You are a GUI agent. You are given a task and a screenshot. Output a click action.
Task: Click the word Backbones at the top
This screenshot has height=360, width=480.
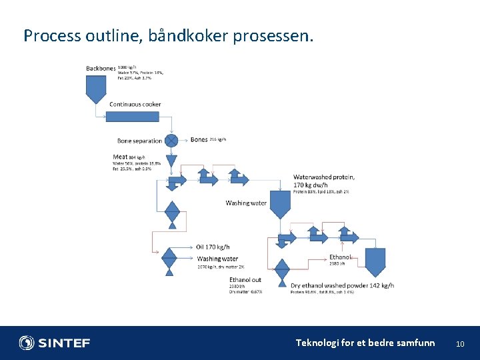101,68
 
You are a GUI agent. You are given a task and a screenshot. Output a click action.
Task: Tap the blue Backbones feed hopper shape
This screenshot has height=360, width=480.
96,87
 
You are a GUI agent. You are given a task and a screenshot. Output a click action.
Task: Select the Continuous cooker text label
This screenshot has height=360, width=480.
135,104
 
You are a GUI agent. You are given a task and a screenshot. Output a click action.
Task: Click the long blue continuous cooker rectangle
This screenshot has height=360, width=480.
133,117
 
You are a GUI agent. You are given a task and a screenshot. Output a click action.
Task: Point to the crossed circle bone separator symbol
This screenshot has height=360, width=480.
171,141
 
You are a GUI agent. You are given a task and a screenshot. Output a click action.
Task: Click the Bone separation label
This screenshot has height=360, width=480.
139,141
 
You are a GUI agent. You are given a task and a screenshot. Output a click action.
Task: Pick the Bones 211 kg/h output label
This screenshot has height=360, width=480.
208,139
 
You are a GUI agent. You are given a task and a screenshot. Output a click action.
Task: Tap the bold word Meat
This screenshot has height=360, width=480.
120,157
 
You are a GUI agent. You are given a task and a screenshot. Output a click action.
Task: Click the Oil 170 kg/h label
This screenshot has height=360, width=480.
213,247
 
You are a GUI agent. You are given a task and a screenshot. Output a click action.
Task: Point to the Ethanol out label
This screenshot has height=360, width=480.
245,279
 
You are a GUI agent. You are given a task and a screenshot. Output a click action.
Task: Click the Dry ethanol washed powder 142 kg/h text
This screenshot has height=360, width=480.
342,285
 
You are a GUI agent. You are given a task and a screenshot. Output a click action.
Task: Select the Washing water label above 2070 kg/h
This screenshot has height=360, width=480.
217,259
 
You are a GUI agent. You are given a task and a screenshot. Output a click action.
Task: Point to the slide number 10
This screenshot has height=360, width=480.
459,344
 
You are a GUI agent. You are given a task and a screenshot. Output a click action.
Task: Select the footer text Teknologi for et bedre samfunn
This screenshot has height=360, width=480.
365,343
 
